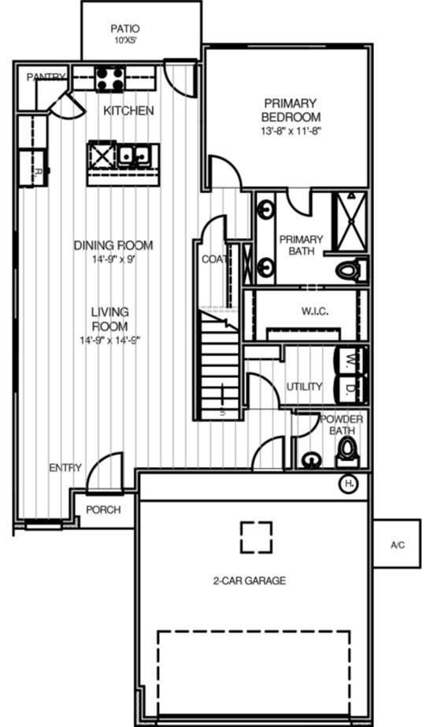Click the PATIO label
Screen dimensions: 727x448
(125, 28)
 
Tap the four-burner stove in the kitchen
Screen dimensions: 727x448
(110, 79)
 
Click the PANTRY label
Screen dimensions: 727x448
(44, 77)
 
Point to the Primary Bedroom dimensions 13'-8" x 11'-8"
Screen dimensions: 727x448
(291, 131)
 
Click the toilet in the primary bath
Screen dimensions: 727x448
(351, 270)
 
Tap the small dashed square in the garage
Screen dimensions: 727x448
(256, 537)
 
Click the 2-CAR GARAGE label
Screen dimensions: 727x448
(249, 581)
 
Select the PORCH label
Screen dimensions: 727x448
(103, 510)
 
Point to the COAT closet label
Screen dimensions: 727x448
(214, 259)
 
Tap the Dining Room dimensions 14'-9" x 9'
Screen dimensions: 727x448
(113, 258)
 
